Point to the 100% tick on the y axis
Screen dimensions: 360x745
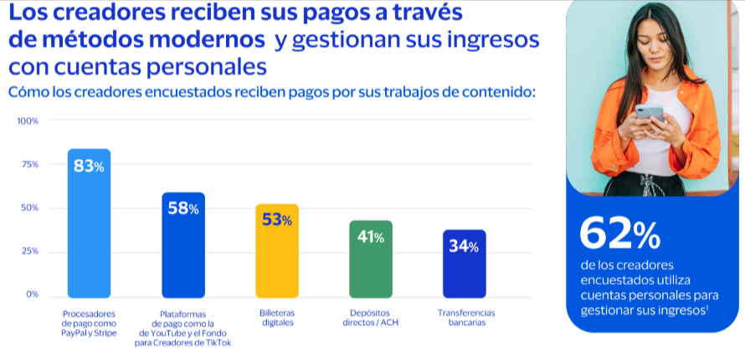28,121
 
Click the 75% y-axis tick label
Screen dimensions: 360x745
30,165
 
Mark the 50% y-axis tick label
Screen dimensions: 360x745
30,208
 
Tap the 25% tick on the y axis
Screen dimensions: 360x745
30,252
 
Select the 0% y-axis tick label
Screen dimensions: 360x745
32,295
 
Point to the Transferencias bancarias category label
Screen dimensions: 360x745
465,318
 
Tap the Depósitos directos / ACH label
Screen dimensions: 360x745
371,318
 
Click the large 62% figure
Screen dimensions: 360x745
619,234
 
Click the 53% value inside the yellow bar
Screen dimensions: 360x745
276,220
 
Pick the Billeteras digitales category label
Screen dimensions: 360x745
277,318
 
